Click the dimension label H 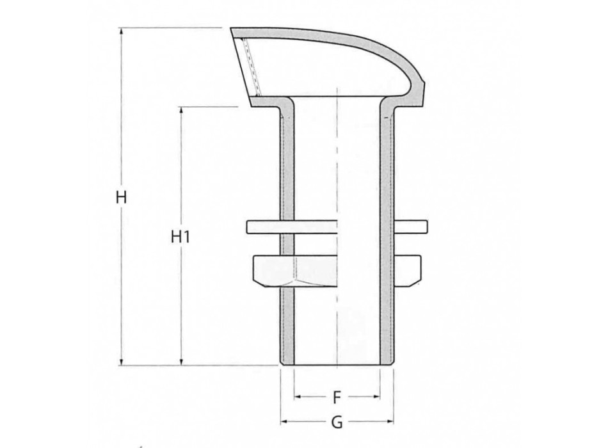[x=122, y=197]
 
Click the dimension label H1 [x=182, y=237]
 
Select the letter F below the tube [x=337, y=399]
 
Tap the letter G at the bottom [x=337, y=422]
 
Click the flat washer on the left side [x=262, y=227]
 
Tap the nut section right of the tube [x=407, y=270]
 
